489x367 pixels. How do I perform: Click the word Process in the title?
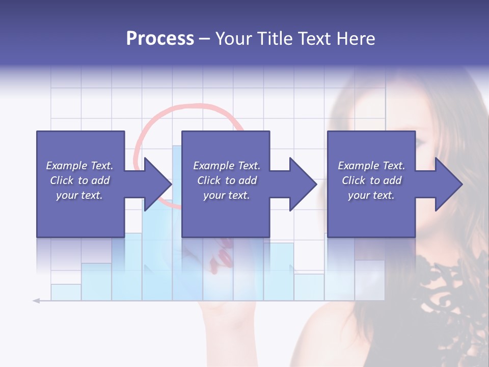tap(160, 38)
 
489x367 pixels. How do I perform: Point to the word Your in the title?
tap(233, 38)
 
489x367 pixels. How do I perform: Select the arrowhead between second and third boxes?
tap(303, 184)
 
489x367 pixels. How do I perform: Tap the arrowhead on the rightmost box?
tap(448, 184)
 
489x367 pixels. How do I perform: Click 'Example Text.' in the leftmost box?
tap(79, 166)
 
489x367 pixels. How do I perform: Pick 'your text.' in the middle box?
tap(226, 195)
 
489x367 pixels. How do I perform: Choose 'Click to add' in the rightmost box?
tap(371, 180)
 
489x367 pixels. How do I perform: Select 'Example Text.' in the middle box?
tap(226, 166)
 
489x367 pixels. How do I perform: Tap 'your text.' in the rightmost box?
tap(371, 195)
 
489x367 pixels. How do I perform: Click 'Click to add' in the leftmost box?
tap(79, 180)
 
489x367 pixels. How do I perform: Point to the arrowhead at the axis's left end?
tap(36, 301)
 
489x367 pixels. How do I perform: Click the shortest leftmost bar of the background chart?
tap(66, 292)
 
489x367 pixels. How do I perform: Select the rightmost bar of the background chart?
tap(369, 280)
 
